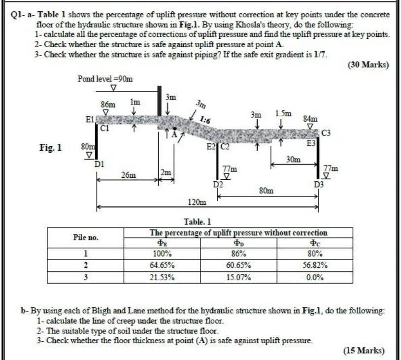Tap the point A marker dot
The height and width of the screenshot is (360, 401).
coord(174,128)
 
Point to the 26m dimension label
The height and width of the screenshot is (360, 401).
coord(129,175)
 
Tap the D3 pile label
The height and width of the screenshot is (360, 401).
coord(319,185)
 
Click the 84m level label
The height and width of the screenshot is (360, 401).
coord(310,119)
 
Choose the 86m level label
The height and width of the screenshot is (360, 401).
coord(108,104)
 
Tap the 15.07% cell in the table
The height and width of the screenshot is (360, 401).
coord(238,277)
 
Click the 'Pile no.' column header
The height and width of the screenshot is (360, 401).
coord(86,237)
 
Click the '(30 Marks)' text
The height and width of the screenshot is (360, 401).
coord(368,65)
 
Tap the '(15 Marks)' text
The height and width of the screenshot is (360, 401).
coord(364,350)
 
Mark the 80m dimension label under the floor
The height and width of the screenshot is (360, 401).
coord(267,190)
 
